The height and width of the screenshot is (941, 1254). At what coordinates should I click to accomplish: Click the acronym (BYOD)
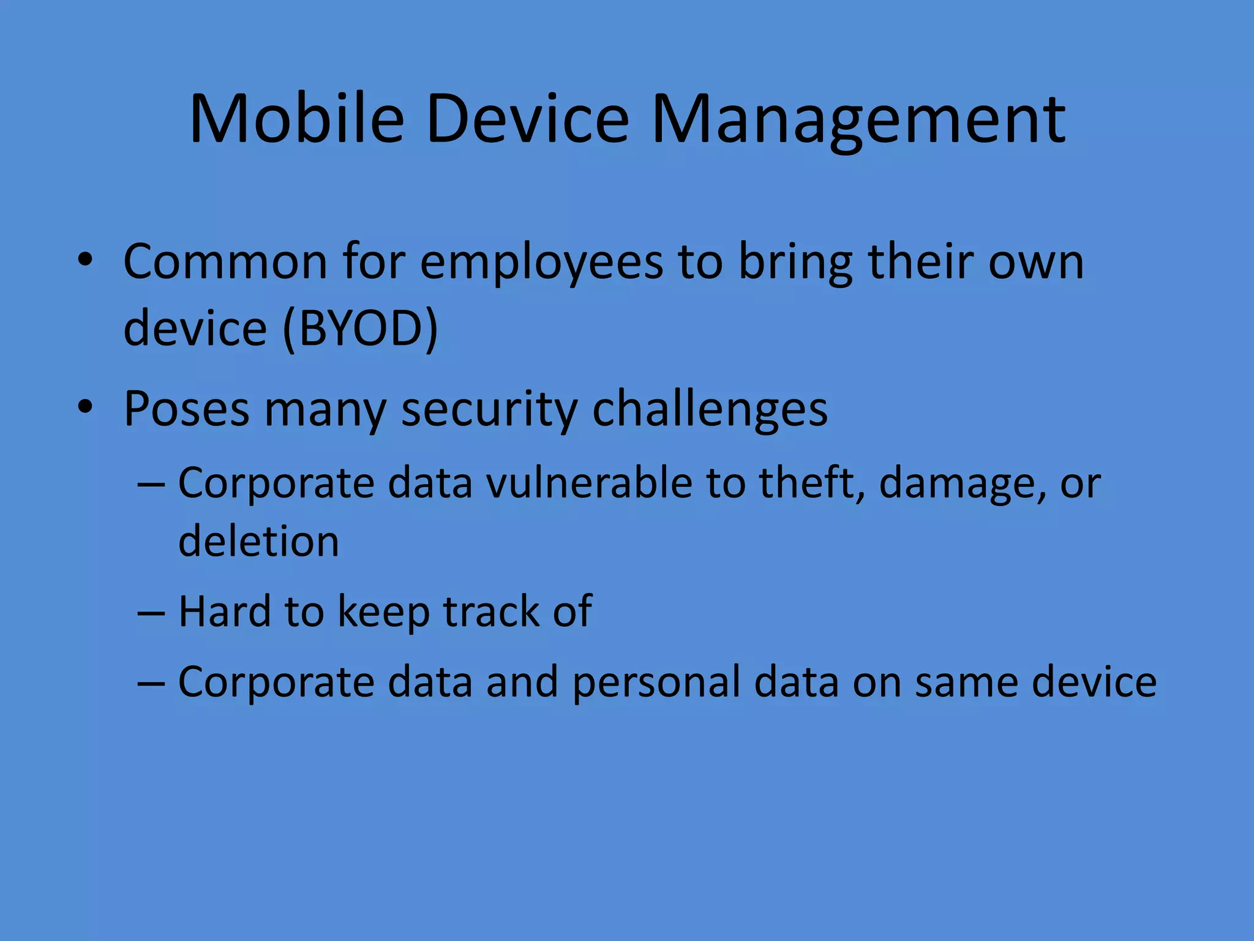[x=360, y=328]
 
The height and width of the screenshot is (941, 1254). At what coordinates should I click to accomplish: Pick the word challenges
[x=710, y=409]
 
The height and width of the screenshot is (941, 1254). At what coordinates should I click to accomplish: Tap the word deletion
[x=258, y=542]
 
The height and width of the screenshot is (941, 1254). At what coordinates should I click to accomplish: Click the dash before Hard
[x=151, y=612]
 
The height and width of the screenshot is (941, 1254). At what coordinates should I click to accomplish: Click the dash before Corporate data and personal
[x=151, y=683]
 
